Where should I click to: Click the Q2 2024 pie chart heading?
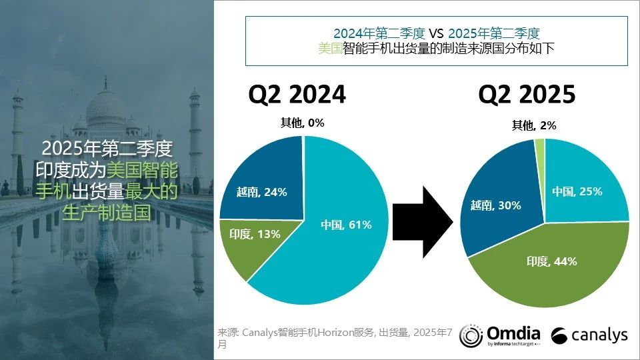297,95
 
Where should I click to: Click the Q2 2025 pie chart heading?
527,95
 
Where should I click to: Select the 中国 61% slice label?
345,225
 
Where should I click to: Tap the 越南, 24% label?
261,192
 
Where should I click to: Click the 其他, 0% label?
302,123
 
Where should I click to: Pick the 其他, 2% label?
534,125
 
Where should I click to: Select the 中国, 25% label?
577,191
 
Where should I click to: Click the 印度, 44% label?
551,261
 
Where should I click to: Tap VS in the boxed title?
436,33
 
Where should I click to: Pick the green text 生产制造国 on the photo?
107,213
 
